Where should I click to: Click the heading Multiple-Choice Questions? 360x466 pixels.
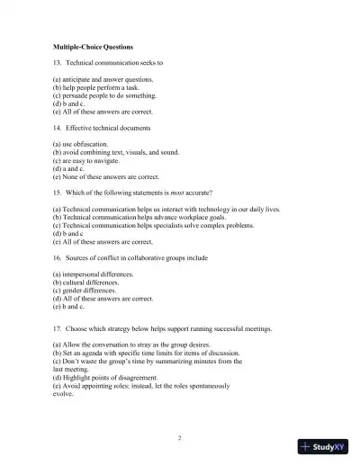point(92,45)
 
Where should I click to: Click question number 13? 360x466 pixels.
point(57,64)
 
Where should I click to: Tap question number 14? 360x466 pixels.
point(57,129)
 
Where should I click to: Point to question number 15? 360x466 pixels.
point(57,193)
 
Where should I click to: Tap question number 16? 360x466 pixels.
point(57,257)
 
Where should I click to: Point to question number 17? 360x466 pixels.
point(57,329)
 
